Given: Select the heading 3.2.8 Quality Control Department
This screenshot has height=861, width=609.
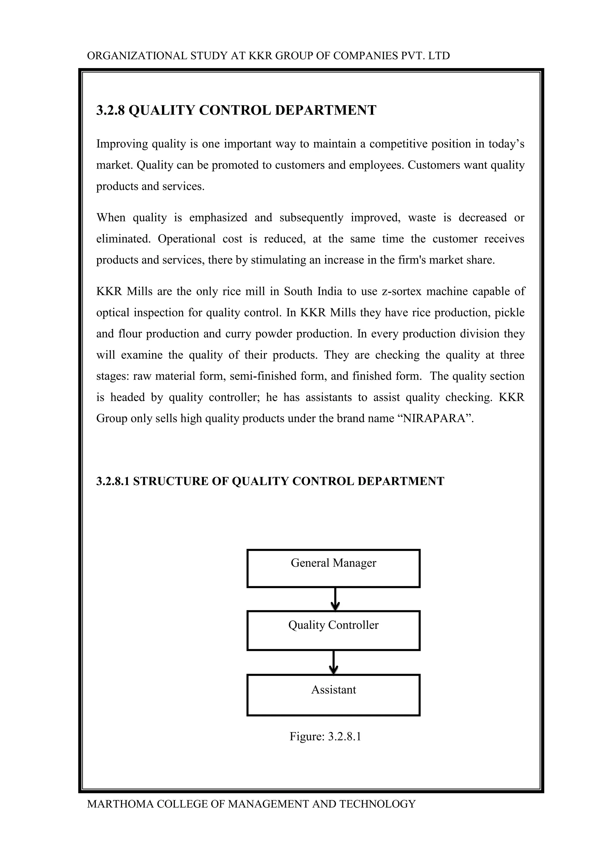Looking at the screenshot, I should coord(236,110).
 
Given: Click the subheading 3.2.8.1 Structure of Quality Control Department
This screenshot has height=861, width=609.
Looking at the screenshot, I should coord(270,481).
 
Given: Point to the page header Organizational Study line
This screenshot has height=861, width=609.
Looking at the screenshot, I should coord(268,56).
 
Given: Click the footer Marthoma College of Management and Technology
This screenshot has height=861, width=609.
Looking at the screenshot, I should coord(251,804).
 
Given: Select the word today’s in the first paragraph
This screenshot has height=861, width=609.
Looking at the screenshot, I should coord(506,144).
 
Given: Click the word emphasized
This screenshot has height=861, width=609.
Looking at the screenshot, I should coord(218,218).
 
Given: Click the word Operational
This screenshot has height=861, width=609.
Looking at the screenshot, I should coord(186,239).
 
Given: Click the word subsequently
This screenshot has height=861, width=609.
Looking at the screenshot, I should coord(311,218).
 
